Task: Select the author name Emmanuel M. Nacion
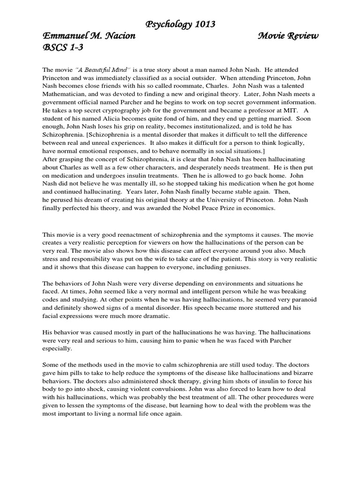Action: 89,37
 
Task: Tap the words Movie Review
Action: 288,37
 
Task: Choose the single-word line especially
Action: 58,348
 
